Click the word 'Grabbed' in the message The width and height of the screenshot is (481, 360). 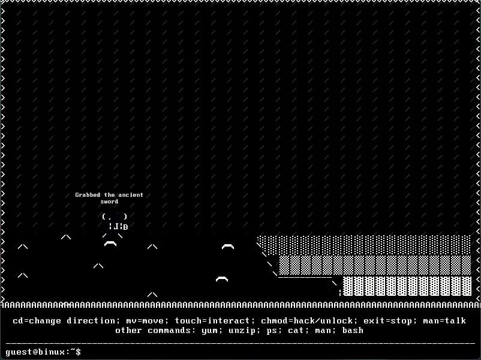88,195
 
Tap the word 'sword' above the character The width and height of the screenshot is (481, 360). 109,202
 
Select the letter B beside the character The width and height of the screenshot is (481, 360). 125,227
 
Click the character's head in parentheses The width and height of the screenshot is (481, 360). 115,217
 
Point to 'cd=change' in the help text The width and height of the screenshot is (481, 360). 37,321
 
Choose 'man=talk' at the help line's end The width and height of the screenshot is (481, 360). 444,321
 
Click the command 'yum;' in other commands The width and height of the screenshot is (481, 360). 212,331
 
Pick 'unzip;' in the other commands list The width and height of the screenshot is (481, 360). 245,331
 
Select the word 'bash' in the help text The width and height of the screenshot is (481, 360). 353,331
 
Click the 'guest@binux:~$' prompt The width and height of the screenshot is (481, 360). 43,352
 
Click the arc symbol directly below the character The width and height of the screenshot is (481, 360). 110,244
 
